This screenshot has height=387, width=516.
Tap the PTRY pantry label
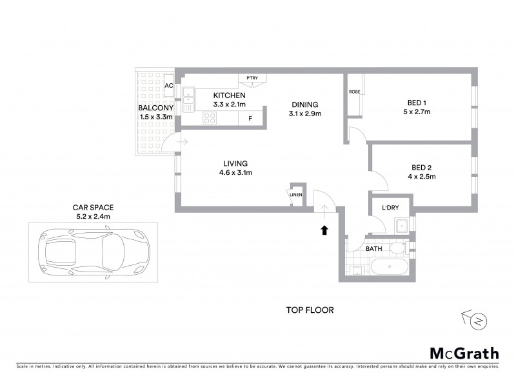coord(251,78)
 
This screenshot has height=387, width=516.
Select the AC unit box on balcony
coord(169,85)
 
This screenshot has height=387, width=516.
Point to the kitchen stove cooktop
coord(210,118)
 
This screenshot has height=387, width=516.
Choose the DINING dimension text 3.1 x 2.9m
coord(305,114)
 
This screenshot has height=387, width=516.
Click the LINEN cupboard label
coord(296,195)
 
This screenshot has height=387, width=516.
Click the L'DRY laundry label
coord(391,208)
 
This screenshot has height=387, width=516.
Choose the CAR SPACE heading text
coord(94,208)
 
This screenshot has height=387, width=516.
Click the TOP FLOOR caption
coord(310,310)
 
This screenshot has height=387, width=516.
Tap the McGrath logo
coord(464,353)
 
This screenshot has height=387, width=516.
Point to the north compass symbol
coord(477,320)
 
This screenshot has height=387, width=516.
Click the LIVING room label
coord(235,163)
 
